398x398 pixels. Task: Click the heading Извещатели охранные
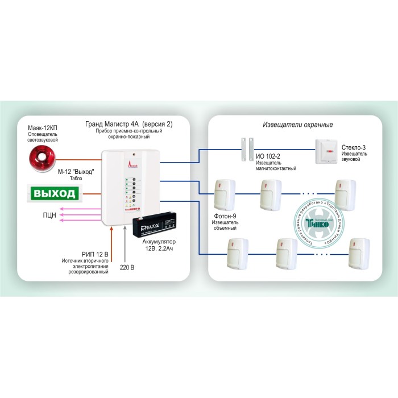[298, 125]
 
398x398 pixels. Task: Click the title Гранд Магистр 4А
[111, 123]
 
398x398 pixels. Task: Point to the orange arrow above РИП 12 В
[111, 239]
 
